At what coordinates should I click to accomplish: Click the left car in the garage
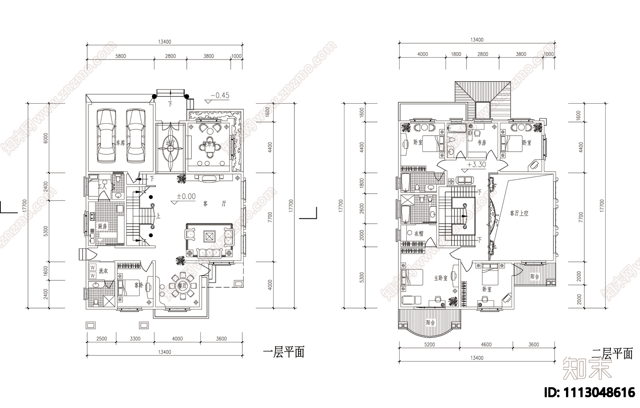tap(106, 136)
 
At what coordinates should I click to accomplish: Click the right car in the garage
tap(135, 136)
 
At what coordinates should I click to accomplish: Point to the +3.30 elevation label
tap(476, 164)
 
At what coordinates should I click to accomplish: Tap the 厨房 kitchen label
tap(102, 226)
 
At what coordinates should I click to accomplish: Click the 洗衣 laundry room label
tap(103, 271)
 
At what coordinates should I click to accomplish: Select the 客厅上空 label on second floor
tap(519, 213)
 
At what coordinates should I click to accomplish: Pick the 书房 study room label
tap(482, 142)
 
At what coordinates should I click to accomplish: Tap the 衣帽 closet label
tap(418, 234)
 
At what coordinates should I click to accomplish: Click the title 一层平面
tap(284, 352)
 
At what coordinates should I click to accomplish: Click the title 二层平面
tap(612, 353)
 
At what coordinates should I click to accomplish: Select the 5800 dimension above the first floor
tap(120, 56)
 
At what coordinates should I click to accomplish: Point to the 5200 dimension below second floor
tap(429, 344)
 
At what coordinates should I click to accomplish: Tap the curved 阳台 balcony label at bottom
tap(430, 322)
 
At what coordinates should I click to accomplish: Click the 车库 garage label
tap(120, 143)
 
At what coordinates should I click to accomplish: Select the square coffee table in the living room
tap(209, 236)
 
